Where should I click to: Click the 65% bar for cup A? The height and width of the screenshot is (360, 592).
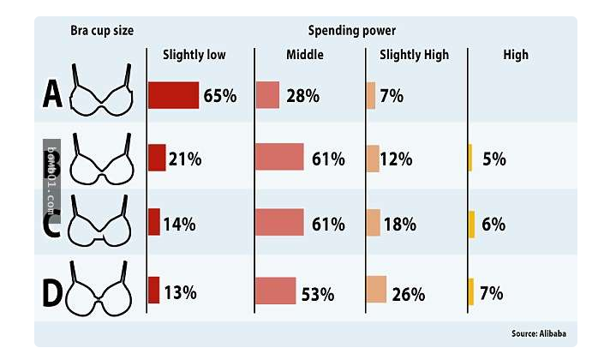point(173,95)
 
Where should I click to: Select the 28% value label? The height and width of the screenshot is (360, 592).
point(302,95)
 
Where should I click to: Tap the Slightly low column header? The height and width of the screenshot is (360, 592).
point(194,55)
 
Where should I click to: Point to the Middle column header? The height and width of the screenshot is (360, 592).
point(304,55)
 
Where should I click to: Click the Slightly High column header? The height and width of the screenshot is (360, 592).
point(414,55)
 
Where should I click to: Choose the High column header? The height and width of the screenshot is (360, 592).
point(516,55)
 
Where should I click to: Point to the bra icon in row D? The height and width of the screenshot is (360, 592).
point(101,290)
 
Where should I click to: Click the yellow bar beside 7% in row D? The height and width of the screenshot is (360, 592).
point(470,291)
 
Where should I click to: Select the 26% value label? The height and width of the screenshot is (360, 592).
point(408,294)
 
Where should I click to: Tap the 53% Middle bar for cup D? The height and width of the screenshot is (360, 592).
point(275,291)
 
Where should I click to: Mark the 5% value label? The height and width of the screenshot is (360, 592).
point(493,159)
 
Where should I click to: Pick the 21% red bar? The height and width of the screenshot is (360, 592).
point(157,158)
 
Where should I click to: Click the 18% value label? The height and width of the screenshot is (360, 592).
point(399,225)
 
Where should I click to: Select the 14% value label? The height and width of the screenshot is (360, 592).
point(179,225)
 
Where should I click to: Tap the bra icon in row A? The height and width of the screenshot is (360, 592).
point(101,91)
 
